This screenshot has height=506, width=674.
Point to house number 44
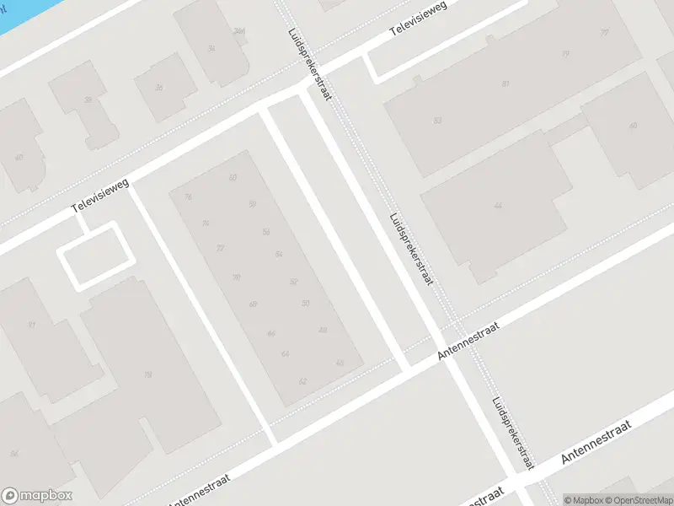(x=498, y=206)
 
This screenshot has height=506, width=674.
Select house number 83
(x=437, y=121)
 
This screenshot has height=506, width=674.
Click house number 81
(x=505, y=83)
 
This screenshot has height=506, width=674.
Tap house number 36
(x=158, y=87)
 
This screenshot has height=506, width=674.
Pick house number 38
(x=88, y=100)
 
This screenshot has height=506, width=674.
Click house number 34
(x=211, y=48)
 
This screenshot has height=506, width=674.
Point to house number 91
(x=32, y=325)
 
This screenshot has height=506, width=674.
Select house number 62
(x=302, y=381)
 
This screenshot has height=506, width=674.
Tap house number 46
(x=340, y=363)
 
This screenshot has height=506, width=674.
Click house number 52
(x=293, y=282)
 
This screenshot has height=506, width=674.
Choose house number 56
(x=266, y=232)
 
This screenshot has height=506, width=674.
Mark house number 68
(x=253, y=304)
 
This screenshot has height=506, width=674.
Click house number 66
(x=270, y=334)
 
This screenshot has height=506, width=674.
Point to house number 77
(x=604, y=32)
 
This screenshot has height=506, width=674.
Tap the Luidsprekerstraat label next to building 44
(x=410, y=249)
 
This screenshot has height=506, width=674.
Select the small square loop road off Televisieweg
(x=94, y=256)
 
